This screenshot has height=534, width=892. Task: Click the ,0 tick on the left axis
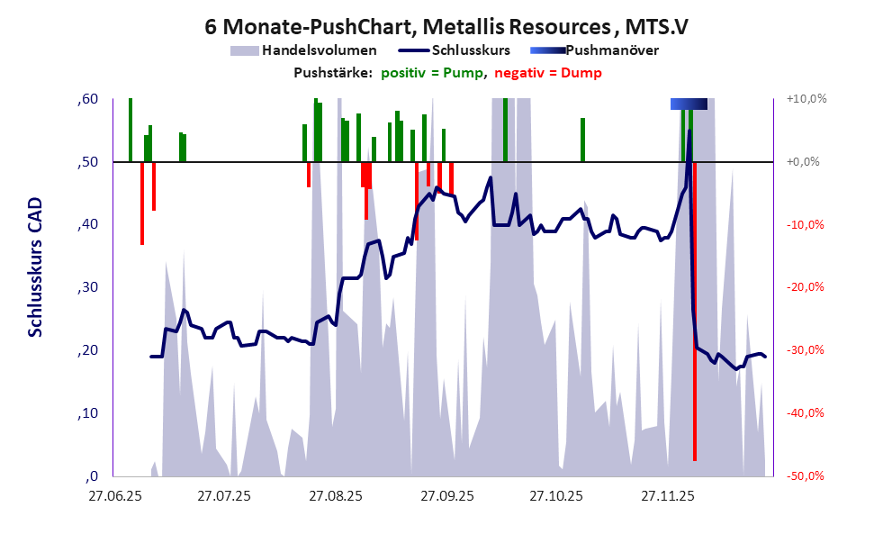point(91,475)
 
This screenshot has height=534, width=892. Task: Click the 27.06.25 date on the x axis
point(113,495)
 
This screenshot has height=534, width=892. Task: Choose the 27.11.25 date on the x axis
point(667,495)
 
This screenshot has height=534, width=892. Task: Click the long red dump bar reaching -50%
point(695,360)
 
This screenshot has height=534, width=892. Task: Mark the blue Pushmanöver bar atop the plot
point(689,104)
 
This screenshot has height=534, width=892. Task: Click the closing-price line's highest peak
point(689,131)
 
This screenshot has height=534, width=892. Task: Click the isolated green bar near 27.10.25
point(583,140)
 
